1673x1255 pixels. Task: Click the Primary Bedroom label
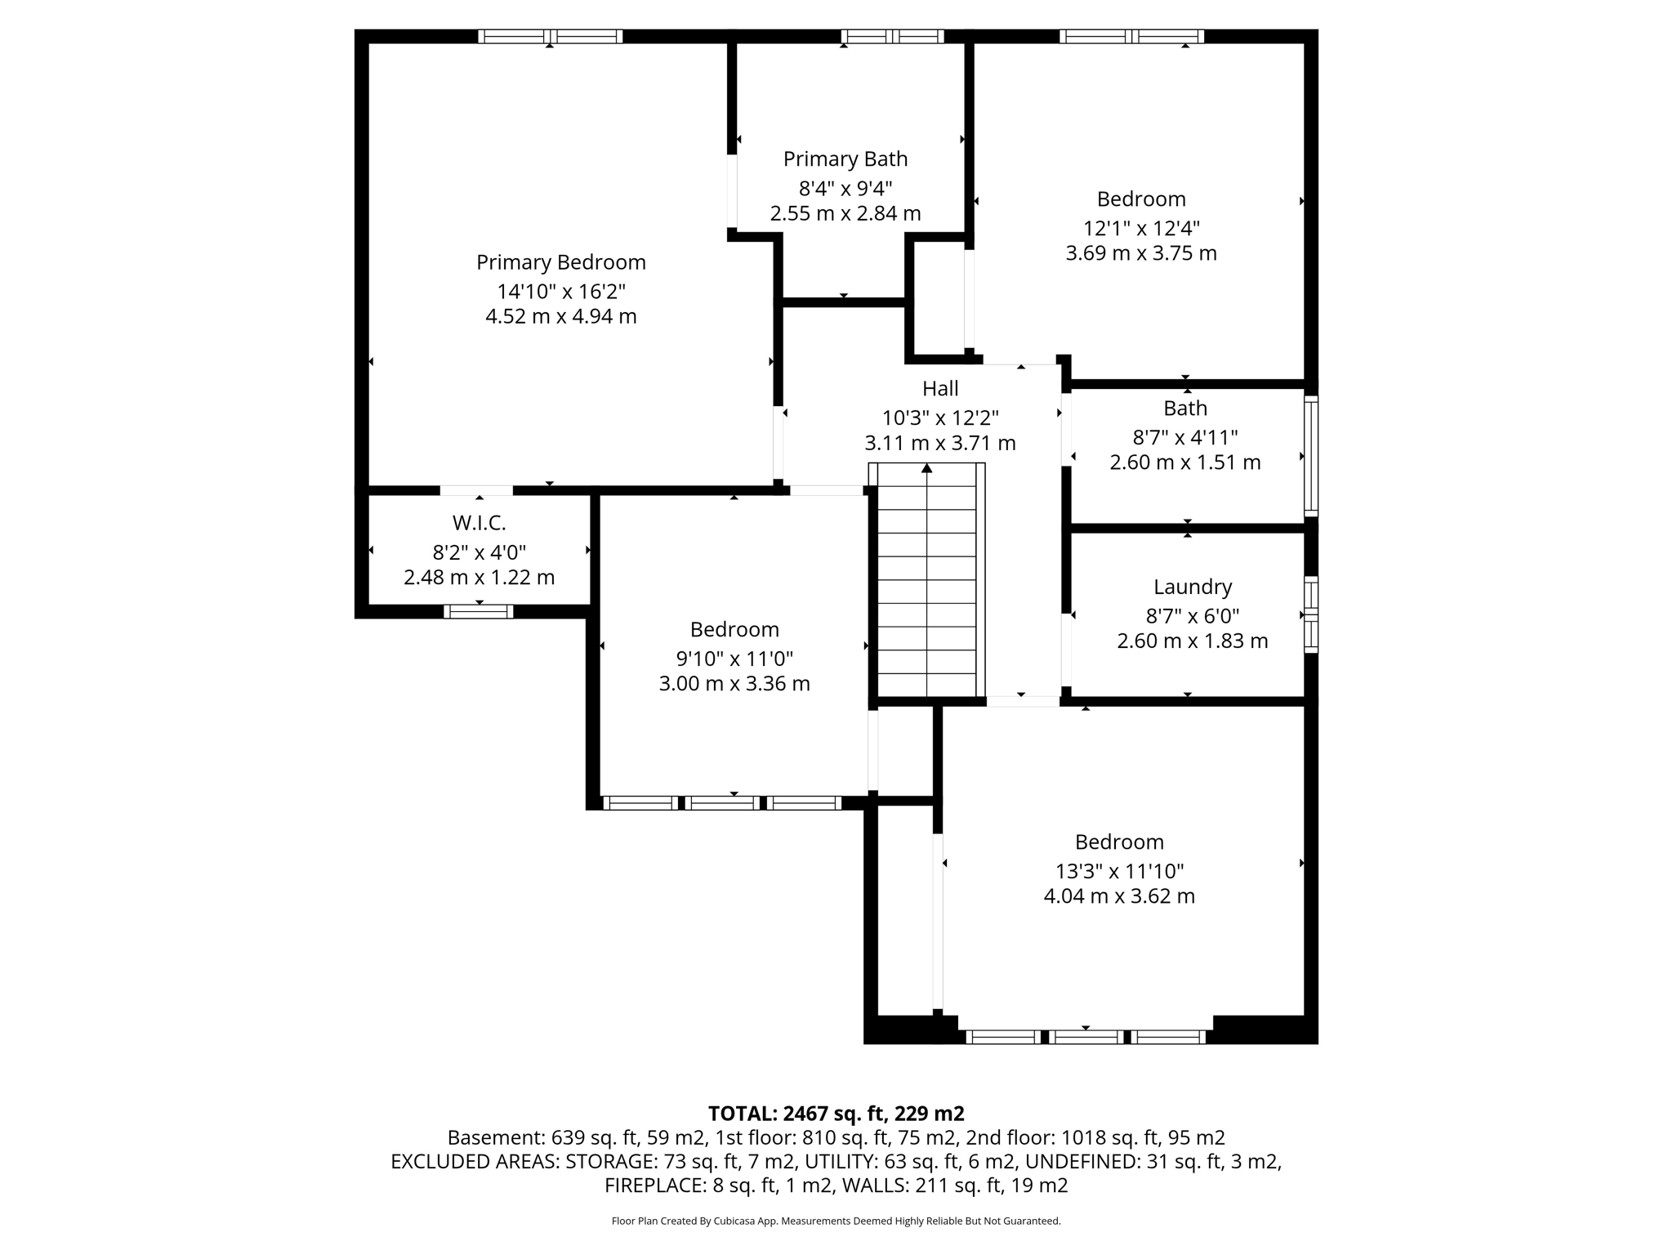click(x=560, y=262)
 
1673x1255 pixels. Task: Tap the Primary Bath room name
click(x=845, y=159)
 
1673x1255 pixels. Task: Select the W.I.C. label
click(x=479, y=523)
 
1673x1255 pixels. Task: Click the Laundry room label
click(x=1192, y=587)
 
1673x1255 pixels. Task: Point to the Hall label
click(x=939, y=389)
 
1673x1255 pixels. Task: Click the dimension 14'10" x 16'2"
click(x=560, y=292)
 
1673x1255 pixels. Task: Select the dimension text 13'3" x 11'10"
click(x=1118, y=872)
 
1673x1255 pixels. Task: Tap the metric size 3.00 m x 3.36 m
click(x=734, y=684)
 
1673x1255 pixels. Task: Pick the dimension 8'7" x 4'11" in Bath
click(x=1184, y=437)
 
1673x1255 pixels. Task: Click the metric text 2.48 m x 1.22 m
click(x=479, y=578)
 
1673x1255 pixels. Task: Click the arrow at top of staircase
click(x=926, y=468)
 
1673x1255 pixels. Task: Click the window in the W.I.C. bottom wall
click(x=479, y=611)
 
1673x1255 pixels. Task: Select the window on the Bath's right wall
click(x=1310, y=456)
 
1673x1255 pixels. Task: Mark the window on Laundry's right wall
click(x=1310, y=614)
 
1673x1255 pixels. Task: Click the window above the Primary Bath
click(x=892, y=36)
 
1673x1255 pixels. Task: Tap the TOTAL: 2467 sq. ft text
click(x=835, y=1114)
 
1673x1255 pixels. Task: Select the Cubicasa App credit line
click(x=835, y=1222)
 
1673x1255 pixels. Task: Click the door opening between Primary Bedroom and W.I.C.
click(x=477, y=490)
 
